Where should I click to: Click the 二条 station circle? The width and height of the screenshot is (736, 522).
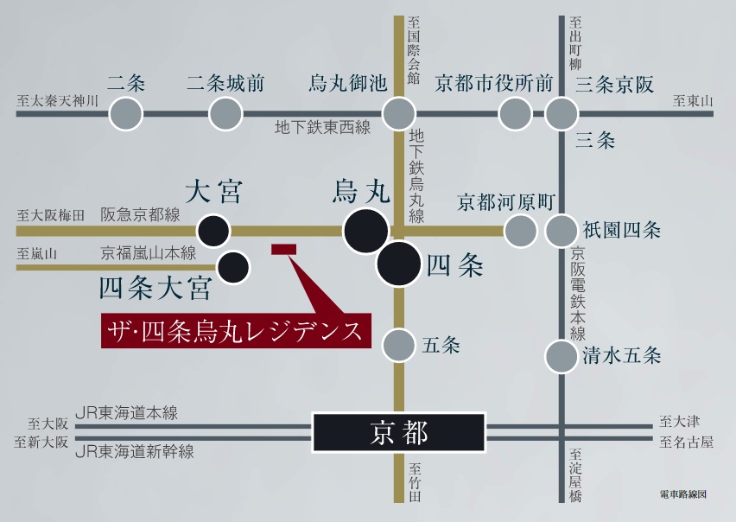pos(126,113)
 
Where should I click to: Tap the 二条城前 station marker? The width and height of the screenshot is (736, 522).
pos(225,113)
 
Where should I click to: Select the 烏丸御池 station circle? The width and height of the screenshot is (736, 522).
pos(398,113)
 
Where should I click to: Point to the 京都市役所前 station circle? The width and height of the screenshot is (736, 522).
pos(516,113)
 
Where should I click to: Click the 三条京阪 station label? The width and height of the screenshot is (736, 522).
pos(614,85)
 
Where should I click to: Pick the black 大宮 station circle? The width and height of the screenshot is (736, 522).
pos(213,231)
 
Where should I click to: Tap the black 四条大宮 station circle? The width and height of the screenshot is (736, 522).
pos(232,267)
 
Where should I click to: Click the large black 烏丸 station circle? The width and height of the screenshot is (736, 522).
pos(365,231)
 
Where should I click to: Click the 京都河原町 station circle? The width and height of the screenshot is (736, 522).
pos(520,231)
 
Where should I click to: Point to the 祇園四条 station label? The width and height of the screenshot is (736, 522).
pos(622,231)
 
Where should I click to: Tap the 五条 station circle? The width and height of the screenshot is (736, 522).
pos(398,345)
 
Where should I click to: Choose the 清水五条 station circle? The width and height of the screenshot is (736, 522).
pos(562,355)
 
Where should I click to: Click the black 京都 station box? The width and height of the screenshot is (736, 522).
pos(398,432)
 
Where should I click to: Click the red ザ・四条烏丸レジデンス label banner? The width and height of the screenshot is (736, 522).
pos(236,330)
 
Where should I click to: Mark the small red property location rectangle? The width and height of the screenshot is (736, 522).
pos(284,249)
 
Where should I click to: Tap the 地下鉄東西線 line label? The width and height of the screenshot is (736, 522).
pos(322,129)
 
